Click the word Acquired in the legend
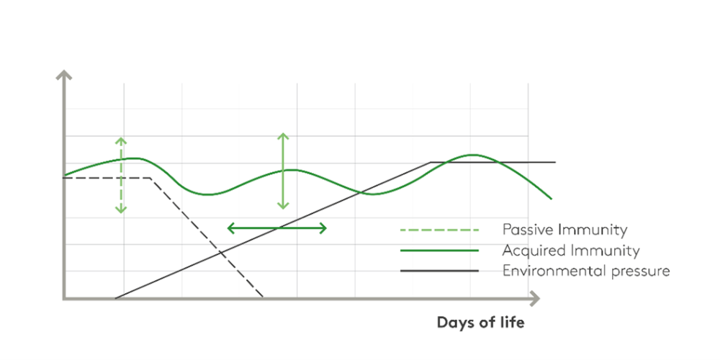click(532, 251)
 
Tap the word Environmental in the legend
click(545, 271)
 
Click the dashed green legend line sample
click(439, 230)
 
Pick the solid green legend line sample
click(439, 251)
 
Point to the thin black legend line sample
click(439, 271)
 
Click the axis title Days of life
click(480, 323)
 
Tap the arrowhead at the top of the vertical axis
click(64, 74)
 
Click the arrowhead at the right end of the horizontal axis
click(534, 299)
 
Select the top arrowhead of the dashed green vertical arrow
click(121, 140)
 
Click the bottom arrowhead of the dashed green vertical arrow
click(121, 210)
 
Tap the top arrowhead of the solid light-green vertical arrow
click(283, 136)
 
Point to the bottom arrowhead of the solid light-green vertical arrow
click(283, 206)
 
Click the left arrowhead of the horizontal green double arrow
click(231, 228)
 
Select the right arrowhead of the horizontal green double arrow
click(323, 228)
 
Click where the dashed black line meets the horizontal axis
click(263, 297)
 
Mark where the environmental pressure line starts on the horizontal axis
click(114, 299)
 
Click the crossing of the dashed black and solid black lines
click(221, 252)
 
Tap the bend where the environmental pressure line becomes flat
click(431, 162)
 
